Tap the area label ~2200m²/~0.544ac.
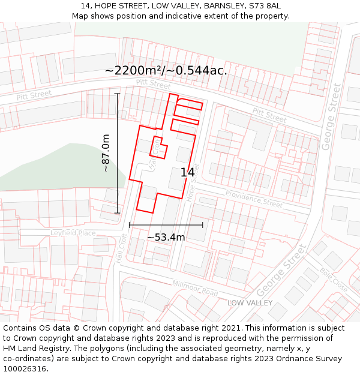point(166,70)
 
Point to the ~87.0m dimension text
point(106,153)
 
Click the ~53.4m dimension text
point(166,237)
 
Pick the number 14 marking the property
point(188,173)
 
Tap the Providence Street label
point(253,199)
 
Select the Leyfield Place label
point(73,233)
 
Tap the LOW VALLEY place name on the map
point(250,303)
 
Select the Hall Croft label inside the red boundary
point(155,155)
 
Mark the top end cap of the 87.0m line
point(117,94)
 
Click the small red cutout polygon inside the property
point(158,148)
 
